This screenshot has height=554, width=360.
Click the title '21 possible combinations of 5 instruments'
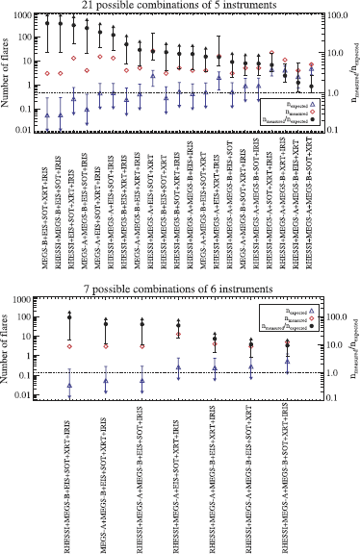180,7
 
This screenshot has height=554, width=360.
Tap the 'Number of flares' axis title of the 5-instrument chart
9,72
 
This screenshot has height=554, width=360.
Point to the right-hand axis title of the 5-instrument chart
351,72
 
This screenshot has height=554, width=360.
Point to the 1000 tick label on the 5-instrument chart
27,17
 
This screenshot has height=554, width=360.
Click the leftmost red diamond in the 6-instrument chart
68,346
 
